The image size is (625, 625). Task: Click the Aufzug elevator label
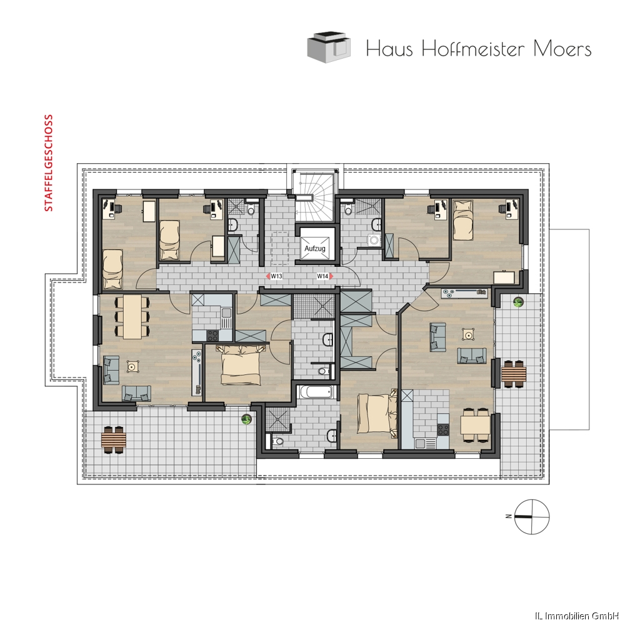315,248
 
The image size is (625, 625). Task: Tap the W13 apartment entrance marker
274,276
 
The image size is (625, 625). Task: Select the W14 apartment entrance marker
324,276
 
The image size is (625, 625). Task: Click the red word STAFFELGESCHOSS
49,163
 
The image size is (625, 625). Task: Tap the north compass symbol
531,516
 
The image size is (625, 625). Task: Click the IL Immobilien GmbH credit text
579,616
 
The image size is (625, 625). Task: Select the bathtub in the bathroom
316,392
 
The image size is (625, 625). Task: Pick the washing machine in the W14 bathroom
374,240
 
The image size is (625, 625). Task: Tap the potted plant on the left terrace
247,419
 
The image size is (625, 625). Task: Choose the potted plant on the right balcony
518,302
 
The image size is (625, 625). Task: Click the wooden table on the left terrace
114,439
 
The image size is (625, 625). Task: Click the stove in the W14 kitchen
443,430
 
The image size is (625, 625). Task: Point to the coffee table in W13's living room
132,366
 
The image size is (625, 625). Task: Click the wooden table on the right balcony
514,374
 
